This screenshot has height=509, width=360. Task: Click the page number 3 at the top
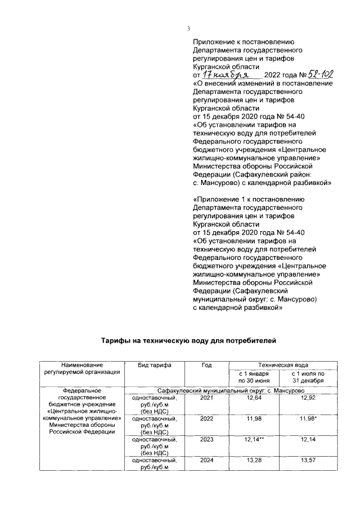tap(189, 29)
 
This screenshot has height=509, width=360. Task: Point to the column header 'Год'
tap(206, 365)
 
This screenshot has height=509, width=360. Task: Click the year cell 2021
tap(206, 398)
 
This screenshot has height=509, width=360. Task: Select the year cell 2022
tap(206, 418)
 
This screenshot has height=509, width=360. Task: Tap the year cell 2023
tap(206, 439)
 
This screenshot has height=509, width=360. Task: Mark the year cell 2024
tap(206, 460)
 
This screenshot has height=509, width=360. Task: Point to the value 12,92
tap(308, 398)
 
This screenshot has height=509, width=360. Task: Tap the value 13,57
tap(308, 460)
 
